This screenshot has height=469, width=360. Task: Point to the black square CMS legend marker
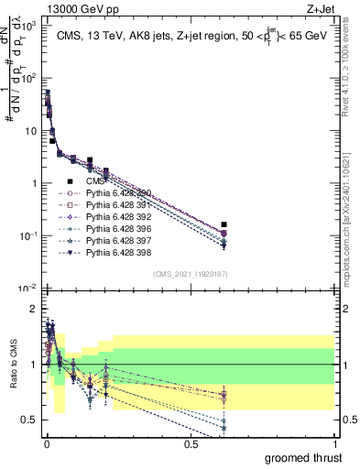(70, 182)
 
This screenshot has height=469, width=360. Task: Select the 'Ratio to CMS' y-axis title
(16, 365)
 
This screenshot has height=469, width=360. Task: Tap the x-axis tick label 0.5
(191, 443)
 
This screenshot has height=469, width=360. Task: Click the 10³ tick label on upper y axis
(30, 27)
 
